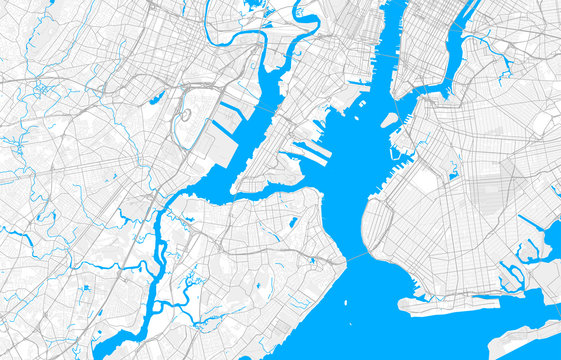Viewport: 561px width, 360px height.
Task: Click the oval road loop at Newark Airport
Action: pyautogui.click(x=184, y=114)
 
